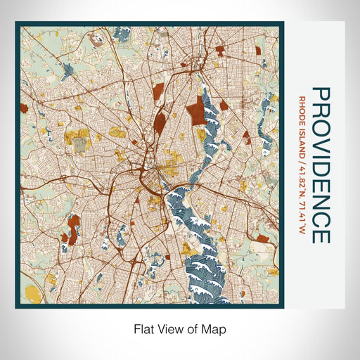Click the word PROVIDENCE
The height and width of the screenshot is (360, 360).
pyautogui.click(x=320, y=165)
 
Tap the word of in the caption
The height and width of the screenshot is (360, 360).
pyautogui.click(x=191, y=328)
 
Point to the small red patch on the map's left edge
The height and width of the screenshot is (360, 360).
pyautogui.click(x=23, y=108)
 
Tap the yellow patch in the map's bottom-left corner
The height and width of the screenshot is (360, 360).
pyautogui.click(x=32, y=292)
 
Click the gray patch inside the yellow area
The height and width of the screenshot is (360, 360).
pyautogui.click(x=82, y=145)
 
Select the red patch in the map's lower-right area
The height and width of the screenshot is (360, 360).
pyautogui.click(x=263, y=240)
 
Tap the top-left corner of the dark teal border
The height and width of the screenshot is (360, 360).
pyautogui.click(x=16, y=22)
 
